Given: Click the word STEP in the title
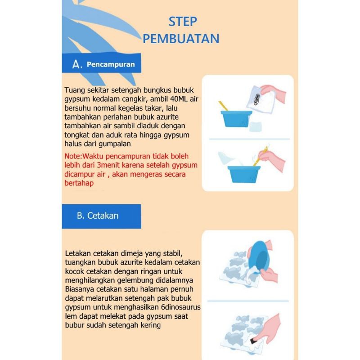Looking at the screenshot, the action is (x=183, y=22).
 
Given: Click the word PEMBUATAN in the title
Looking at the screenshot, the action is (x=181, y=39).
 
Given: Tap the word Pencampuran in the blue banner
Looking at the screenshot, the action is (x=111, y=64).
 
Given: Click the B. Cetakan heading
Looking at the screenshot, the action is (x=98, y=216).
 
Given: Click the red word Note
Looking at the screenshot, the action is (x=72, y=156).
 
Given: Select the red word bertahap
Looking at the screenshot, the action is (x=79, y=183).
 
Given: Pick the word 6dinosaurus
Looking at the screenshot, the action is (x=181, y=307).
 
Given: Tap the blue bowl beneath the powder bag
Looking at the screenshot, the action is (x=236, y=119).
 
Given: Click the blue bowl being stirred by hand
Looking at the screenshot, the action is (x=244, y=174).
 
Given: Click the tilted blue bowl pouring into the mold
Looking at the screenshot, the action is (x=260, y=255).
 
